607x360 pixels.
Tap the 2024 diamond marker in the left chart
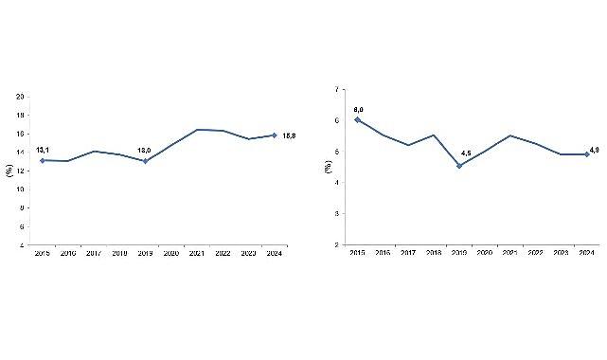[274, 135]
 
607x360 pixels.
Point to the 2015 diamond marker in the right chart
[357, 120]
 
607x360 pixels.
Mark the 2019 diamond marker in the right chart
[459, 166]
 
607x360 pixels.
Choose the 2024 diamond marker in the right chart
[586, 153]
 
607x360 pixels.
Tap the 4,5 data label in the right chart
[466, 153]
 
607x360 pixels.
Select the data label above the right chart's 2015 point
[358, 109]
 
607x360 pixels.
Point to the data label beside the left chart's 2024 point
[289, 135]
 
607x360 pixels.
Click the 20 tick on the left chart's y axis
[21, 96]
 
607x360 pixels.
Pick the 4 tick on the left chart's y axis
[23, 245]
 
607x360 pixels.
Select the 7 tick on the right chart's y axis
[336, 90]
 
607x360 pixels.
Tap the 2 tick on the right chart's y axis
[336, 245]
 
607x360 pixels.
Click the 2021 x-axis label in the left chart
[196, 254]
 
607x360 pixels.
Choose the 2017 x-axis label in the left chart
[94, 254]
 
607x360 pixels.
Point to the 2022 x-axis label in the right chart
[535, 254]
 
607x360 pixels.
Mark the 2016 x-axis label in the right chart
[383, 254]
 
